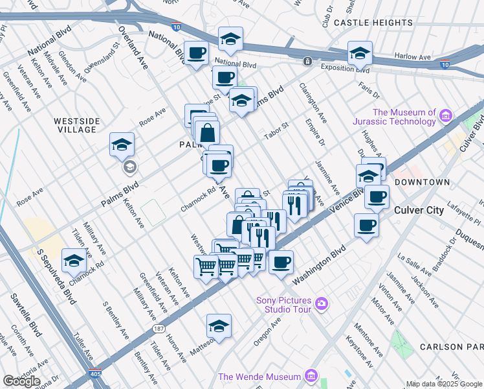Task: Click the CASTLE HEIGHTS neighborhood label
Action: [x=369, y=23]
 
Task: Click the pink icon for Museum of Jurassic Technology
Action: [x=445, y=116]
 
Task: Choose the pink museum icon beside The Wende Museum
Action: [x=311, y=376]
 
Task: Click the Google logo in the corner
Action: [x=21, y=381]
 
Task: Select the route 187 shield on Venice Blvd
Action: [x=158, y=329]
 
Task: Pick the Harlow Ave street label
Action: [x=415, y=57]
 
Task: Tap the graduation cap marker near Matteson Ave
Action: [x=219, y=326]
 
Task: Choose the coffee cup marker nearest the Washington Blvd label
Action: [x=281, y=262]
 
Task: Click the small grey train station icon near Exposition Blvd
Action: [x=307, y=62]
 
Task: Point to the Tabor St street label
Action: [x=276, y=134]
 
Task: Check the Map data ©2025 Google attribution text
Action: [x=444, y=384]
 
